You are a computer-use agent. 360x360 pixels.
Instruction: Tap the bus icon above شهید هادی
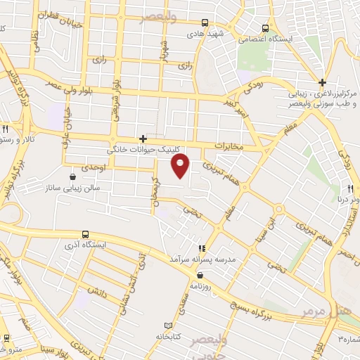point(205,22)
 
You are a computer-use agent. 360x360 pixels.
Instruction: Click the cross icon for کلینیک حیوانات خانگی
point(143,139)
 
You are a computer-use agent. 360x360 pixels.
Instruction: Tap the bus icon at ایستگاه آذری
point(85,235)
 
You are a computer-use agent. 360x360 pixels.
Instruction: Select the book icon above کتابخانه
point(167,326)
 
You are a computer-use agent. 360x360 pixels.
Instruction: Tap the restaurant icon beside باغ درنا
point(349,188)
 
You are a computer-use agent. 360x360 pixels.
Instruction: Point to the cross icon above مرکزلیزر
point(322,82)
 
